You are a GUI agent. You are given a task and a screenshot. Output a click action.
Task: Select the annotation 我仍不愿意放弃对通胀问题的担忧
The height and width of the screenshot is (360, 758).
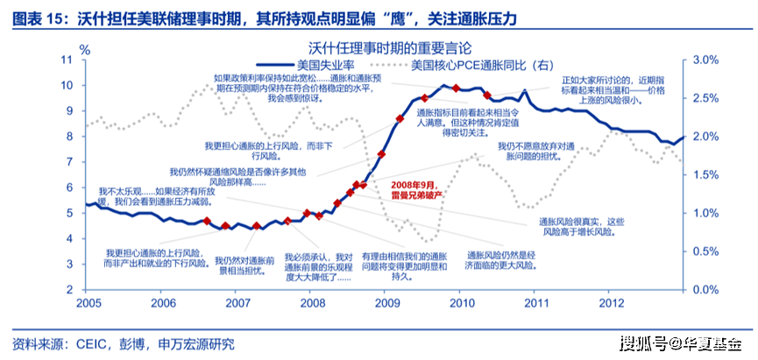tap(536, 151)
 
